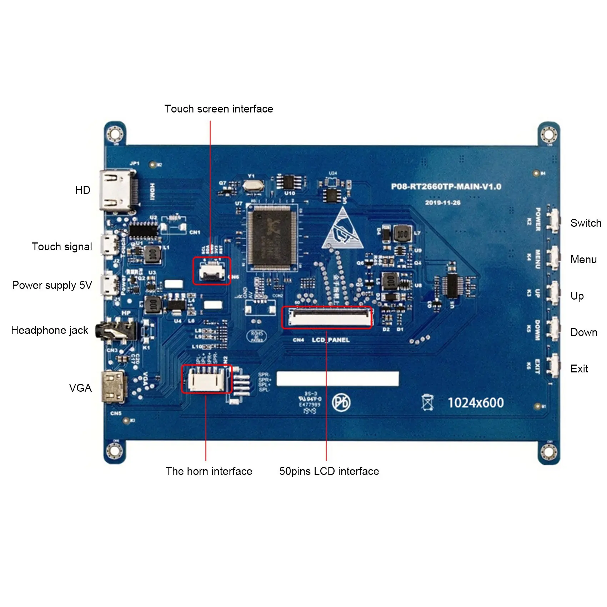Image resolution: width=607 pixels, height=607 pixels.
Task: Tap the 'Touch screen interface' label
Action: pos(219,109)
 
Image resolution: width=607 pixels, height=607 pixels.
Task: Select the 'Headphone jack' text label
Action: pos(50,330)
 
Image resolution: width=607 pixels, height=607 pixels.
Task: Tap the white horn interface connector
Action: pos(207,379)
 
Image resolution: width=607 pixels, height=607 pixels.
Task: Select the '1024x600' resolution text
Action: pos(476,403)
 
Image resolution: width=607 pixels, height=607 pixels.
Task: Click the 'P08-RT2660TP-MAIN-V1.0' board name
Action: pos(446,187)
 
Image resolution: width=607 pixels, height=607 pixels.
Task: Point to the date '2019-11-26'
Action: pos(443,203)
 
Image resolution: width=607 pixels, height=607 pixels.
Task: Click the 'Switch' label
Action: pos(586,223)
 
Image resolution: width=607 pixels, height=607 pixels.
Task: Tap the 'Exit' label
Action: pos(579,369)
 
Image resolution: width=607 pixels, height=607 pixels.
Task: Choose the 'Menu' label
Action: pos(583,260)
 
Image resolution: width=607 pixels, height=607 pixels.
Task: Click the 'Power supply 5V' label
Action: pos(52,285)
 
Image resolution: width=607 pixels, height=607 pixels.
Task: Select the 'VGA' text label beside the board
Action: pos(80,388)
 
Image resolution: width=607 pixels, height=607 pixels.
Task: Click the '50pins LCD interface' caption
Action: pos(329,471)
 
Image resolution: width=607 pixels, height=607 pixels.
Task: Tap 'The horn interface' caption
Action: pos(209,471)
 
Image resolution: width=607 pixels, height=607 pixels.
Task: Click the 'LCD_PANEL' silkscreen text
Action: pos(331,340)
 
